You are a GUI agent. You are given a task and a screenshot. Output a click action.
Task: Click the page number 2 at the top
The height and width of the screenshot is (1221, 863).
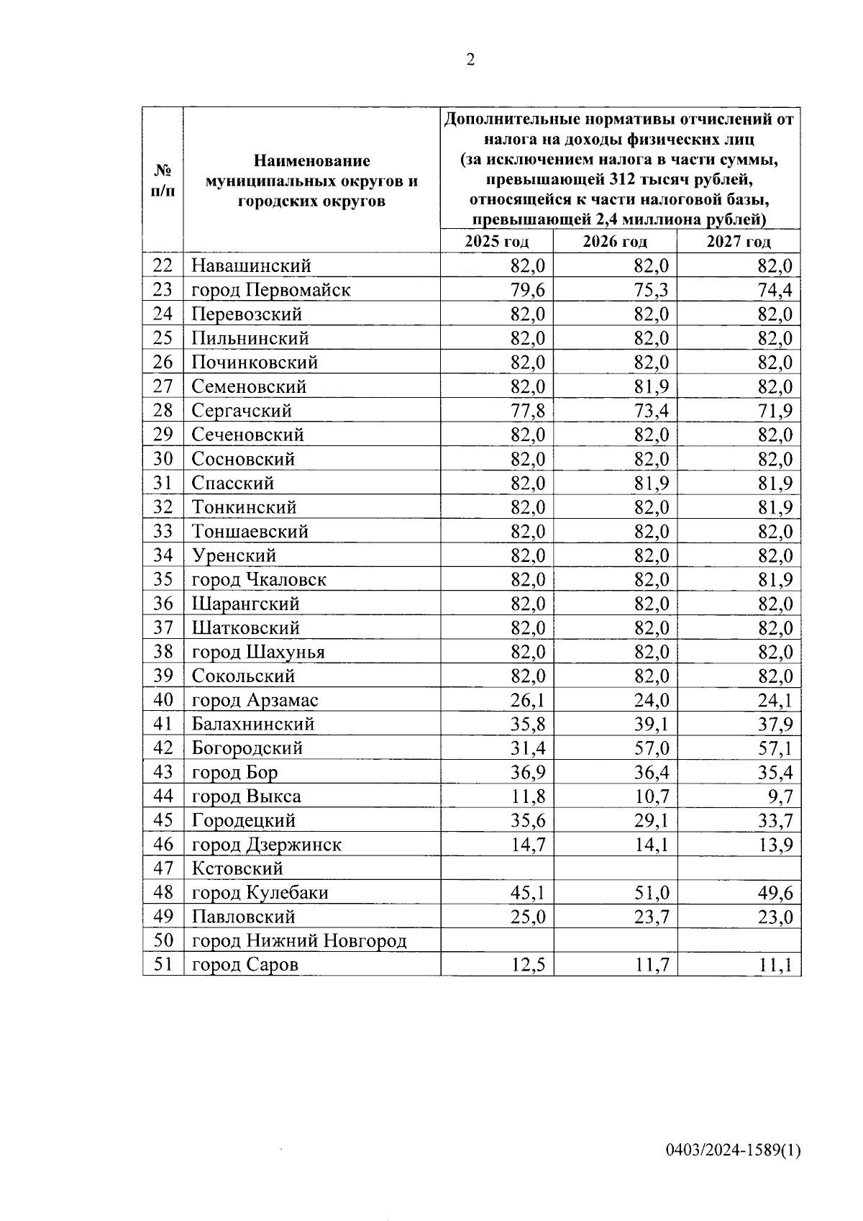(x=470, y=60)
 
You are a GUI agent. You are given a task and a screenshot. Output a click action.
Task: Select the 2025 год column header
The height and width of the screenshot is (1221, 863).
(x=496, y=242)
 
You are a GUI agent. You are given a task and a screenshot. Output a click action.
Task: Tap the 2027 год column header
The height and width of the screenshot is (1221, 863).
(x=739, y=242)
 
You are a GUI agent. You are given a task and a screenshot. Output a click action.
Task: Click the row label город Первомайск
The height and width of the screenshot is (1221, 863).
(x=271, y=290)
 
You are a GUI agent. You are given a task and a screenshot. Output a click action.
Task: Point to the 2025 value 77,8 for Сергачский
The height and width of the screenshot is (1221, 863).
(x=527, y=411)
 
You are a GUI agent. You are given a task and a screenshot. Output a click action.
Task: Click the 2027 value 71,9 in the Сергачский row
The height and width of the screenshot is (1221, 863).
(x=775, y=411)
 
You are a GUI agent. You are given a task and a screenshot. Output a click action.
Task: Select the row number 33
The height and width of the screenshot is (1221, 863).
(x=163, y=531)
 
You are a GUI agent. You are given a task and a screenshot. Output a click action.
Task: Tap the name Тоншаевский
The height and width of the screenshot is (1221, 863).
(x=250, y=531)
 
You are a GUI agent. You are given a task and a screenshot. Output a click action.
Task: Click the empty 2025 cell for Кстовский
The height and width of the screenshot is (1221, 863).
(x=497, y=868)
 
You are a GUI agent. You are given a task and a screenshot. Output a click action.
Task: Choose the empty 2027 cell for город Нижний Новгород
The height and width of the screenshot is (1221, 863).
(x=739, y=940)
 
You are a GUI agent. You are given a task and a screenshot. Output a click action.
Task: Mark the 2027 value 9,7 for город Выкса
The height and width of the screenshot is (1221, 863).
(x=780, y=796)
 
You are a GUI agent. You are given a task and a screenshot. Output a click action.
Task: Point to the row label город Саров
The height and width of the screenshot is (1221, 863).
(x=245, y=965)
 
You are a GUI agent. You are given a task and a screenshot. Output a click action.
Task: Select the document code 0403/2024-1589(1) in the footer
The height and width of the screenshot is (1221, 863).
(x=733, y=1150)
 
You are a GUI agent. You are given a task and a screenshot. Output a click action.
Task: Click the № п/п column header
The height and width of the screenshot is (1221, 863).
(x=163, y=180)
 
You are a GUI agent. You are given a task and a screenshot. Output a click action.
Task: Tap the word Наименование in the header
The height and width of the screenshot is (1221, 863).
(x=311, y=160)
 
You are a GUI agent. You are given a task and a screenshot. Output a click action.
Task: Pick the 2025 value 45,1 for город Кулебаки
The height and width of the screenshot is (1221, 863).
(x=527, y=893)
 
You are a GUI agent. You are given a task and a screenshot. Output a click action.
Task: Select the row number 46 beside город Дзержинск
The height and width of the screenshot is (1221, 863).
(x=163, y=845)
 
